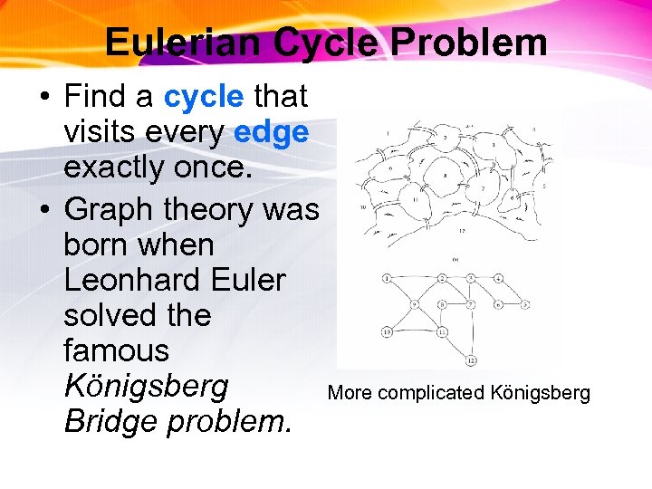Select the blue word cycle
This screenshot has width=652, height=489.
click(204, 96)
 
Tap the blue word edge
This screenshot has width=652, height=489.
click(271, 132)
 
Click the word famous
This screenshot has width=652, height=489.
click(116, 350)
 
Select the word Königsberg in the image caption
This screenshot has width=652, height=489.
click(540, 393)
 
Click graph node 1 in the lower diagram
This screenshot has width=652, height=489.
click(387, 277)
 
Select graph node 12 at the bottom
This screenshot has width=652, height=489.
click(472, 360)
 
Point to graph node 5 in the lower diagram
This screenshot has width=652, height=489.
click(524, 304)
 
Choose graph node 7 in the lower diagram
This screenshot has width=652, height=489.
click(470, 304)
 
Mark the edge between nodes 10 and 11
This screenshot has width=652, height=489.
click(414, 331)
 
